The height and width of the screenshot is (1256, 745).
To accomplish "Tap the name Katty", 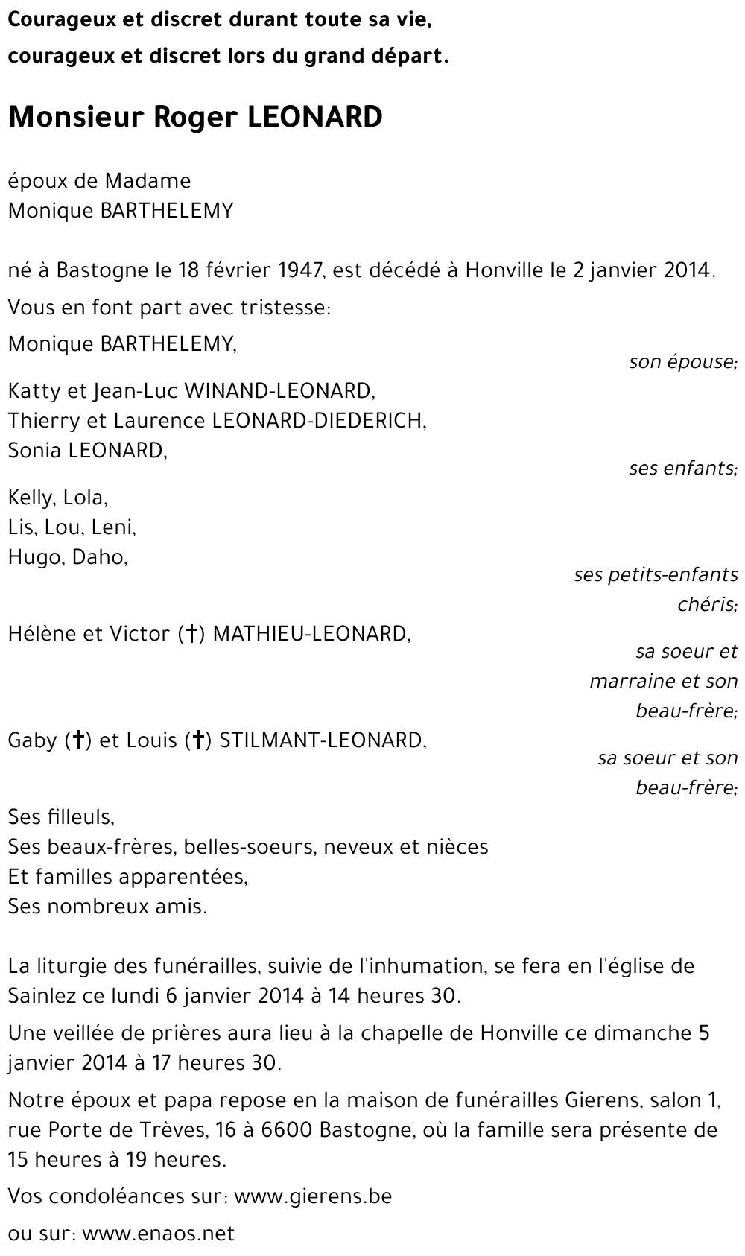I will pos(31,390).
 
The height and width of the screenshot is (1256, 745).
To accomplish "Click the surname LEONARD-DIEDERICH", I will pos(319,420).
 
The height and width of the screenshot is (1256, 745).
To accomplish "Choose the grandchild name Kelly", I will pos(30,497).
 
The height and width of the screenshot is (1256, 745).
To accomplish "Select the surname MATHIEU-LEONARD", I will pos(311,633).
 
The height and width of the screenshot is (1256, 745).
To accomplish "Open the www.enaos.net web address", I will pos(158,1234).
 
